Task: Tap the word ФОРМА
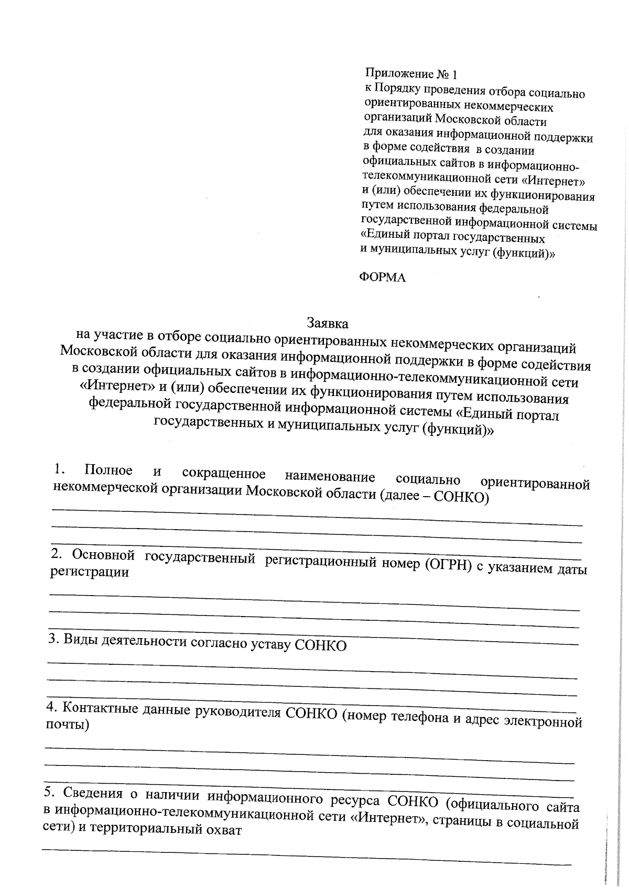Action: pos(382,278)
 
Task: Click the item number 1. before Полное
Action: pos(59,468)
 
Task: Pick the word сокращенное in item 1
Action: pos(224,474)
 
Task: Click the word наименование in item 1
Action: pos(330,477)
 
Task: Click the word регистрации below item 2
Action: pos(89,572)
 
